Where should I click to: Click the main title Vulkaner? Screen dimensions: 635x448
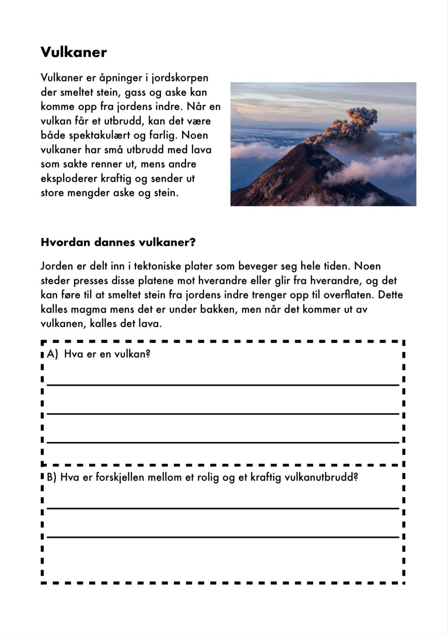point(73,52)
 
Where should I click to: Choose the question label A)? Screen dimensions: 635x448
point(52,354)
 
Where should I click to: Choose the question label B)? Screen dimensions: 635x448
point(51,477)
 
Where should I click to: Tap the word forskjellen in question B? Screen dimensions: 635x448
point(119,477)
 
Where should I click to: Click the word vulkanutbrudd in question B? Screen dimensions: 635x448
point(321,477)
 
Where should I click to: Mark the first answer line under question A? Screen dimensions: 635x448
point(223,384)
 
